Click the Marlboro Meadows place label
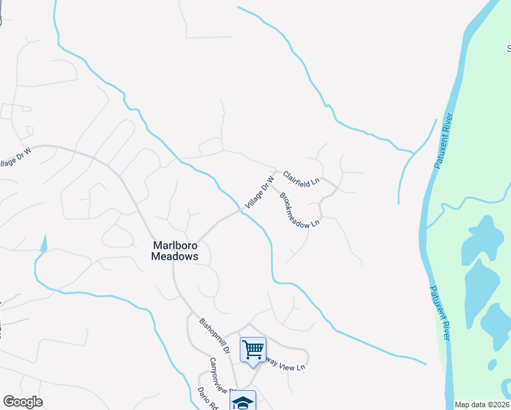pyautogui.click(x=174, y=251)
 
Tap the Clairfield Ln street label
pyautogui.click(x=301, y=178)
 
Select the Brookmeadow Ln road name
pyautogui.click(x=299, y=209)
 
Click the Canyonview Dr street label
pyautogui.click(x=222, y=375)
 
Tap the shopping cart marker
pyautogui.click(x=253, y=350)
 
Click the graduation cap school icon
pyautogui.click(x=242, y=402)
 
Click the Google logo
pyautogui.click(x=23, y=402)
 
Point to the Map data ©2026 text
pyautogui.click(x=482, y=405)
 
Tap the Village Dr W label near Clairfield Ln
pyautogui.click(x=260, y=192)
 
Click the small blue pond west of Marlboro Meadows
pyautogui.click(x=45, y=243)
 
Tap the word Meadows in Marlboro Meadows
pyautogui.click(x=174, y=257)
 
